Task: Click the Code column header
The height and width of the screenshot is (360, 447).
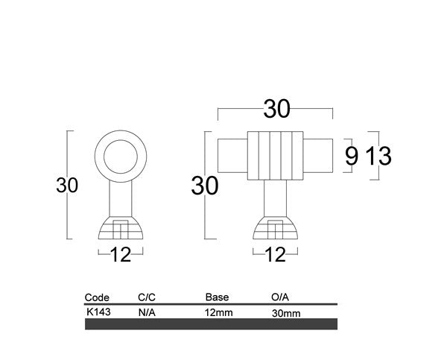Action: [x=98, y=297]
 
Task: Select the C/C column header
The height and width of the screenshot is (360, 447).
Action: [x=147, y=297]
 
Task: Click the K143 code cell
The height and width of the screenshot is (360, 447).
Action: [x=98, y=312]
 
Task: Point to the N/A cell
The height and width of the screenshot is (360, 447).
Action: [x=147, y=312]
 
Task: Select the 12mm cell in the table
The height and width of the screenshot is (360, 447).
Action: [x=219, y=312]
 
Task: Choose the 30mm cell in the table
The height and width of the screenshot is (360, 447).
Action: [x=287, y=313]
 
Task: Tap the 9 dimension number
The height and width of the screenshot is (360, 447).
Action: [x=352, y=156]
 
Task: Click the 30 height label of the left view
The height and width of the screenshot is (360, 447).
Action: [x=67, y=186]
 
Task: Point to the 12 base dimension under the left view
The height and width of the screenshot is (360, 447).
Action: [x=121, y=255]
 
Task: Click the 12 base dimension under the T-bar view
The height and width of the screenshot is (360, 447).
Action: [x=275, y=255]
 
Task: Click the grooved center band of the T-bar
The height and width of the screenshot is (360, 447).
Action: [x=276, y=156]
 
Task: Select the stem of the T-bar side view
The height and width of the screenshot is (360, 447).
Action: [x=275, y=199]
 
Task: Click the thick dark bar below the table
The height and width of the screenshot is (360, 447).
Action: [x=212, y=324]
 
